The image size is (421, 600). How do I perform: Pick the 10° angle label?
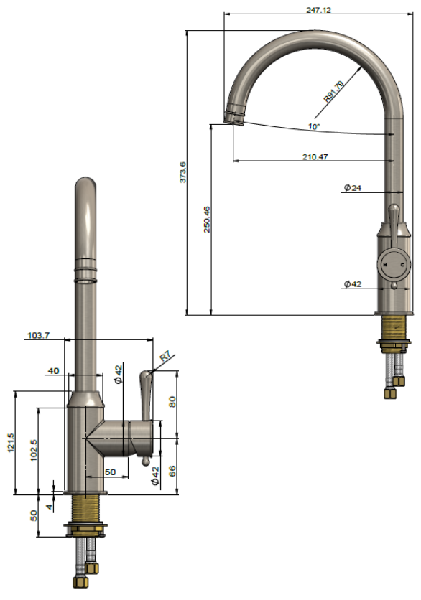[x=314, y=126]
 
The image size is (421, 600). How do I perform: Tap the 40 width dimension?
[x=53, y=370]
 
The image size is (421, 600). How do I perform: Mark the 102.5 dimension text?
[x=34, y=451]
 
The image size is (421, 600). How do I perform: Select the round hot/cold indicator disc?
[x=393, y=266]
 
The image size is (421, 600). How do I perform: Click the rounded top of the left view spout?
[x=85, y=185]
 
